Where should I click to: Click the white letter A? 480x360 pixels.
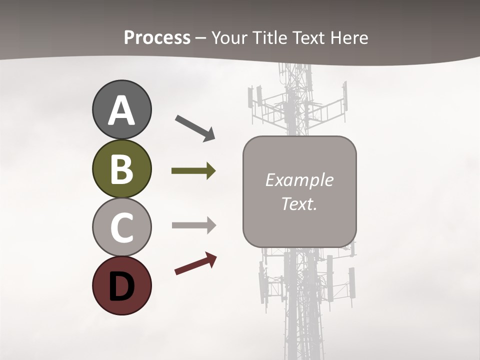[x=121, y=110]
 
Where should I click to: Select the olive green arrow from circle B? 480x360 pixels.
[x=193, y=171]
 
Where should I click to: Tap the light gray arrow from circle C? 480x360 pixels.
[x=194, y=225]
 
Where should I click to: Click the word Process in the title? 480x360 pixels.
[x=157, y=38]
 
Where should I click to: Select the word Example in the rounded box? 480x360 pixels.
[x=299, y=180]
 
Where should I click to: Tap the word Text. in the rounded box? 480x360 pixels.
[x=299, y=203]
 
